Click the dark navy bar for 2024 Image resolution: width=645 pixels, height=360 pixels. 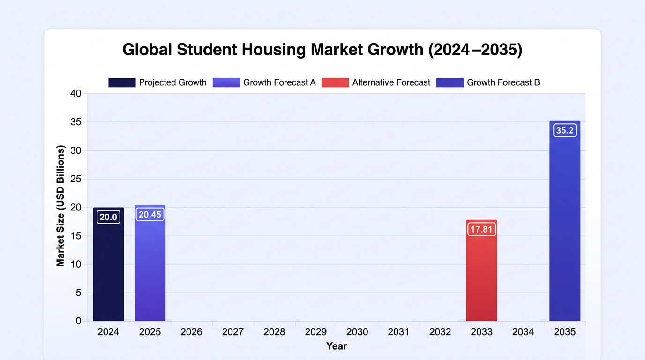(108, 264)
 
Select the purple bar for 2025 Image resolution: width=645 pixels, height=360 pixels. (150, 263)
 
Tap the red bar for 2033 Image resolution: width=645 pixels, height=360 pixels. (482, 270)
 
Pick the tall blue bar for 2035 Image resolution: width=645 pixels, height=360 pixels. (565, 221)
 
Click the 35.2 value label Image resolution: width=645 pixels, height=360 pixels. (565, 130)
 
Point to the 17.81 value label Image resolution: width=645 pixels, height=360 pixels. (482, 229)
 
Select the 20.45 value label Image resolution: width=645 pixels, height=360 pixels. (150, 215)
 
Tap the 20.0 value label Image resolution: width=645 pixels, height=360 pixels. (108, 217)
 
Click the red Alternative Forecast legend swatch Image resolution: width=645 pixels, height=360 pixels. (335, 82)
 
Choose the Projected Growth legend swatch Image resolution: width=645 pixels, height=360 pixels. (122, 82)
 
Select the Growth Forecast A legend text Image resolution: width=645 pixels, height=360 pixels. (279, 82)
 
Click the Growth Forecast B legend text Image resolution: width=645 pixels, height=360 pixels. (503, 82)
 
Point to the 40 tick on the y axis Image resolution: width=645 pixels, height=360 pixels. (76, 93)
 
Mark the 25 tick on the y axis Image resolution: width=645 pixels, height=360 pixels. (76, 179)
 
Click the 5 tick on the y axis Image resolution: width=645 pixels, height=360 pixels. (79, 292)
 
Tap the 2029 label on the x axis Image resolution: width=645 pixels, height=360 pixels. (315, 332)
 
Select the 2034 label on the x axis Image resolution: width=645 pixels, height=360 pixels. (523, 332)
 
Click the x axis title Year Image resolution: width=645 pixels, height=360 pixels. (336, 346)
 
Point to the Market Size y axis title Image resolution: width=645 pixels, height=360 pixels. (60, 206)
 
